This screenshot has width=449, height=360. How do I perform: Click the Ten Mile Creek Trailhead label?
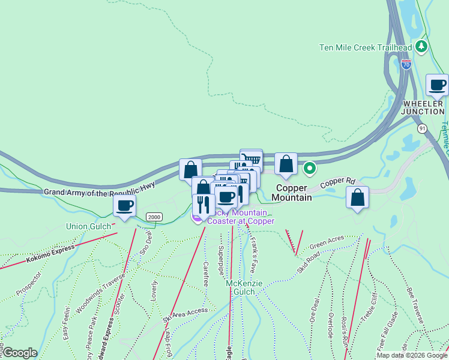pos(366,47)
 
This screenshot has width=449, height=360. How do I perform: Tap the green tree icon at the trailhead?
pos(421,46)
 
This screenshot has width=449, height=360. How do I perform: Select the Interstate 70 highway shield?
pos(406,64)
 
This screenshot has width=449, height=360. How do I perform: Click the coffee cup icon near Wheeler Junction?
pos(437,85)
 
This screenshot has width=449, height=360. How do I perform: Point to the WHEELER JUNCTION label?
pos(423,107)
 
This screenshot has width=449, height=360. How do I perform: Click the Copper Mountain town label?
pos(294,192)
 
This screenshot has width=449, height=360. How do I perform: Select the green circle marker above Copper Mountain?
pos(309,169)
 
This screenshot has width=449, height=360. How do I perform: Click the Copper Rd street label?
pos(337,184)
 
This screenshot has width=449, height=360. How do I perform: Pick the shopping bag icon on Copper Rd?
pos(358,197)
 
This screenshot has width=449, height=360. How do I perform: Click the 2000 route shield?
pos(154,217)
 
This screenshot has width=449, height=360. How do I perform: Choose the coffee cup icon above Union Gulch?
pos(125,206)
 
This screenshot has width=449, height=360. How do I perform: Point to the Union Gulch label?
pos(88,226)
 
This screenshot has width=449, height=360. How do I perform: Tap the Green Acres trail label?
pos(327,242)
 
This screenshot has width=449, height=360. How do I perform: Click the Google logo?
pos(20,353)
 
